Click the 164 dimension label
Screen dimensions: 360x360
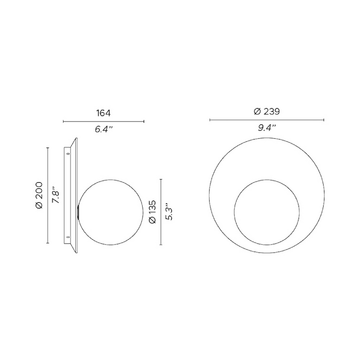point(103,113)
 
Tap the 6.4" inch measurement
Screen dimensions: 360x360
point(104,129)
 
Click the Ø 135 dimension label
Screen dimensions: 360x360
point(152,212)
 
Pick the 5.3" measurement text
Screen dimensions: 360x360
point(169,211)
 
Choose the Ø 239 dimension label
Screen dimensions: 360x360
point(267,112)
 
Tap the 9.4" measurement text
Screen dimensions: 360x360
point(267,128)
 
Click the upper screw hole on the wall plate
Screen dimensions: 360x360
point(68,154)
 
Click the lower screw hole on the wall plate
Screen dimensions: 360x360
point(68,237)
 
